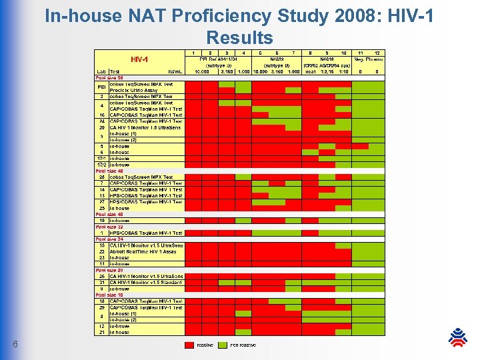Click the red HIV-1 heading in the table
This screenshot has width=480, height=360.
coord(139,59)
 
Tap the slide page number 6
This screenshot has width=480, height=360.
coord(15,344)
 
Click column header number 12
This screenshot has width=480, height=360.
coord(377,53)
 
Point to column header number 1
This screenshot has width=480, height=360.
coord(193,53)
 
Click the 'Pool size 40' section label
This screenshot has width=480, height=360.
coord(109,214)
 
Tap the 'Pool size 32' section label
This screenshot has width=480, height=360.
coord(109,227)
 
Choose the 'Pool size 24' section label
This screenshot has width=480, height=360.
coord(109,239)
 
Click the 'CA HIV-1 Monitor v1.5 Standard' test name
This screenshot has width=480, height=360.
coord(145,282)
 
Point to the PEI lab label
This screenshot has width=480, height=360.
coord(101,87)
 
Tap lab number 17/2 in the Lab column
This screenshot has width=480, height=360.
coord(101,165)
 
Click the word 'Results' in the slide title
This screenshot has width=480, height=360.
coord(239,37)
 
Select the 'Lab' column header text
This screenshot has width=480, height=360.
coord(101,71)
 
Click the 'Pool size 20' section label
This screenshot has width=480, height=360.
coord(109,270)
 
